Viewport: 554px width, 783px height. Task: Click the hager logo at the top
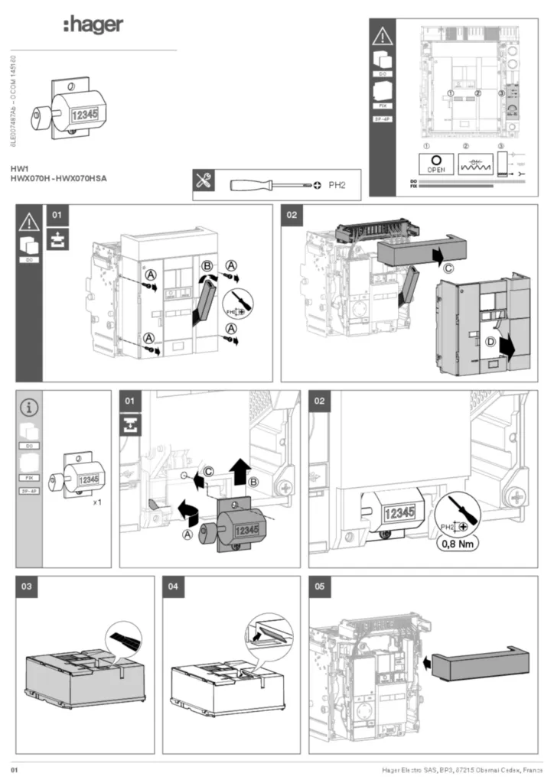pyautogui.click(x=93, y=25)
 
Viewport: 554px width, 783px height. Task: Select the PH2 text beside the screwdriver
pyautogui.click(x=338, y=184)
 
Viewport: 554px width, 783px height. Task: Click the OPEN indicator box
pyautogui.click(x=436, y=164)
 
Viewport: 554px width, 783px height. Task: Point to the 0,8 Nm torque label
pyautogui.click(x=458, y=545)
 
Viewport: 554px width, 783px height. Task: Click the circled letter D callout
pyautogui.click(x=490, y=341)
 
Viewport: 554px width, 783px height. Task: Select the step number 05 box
pyautogui.click(x=319, y=586)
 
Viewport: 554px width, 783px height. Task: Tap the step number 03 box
pyautogui.click(x=27, y=586)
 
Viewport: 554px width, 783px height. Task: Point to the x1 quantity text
pyautogui.click(x=97, y=503)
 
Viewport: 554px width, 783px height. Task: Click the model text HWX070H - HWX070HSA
pyautogui.click(x=58, y=178)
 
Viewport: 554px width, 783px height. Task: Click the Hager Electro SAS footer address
pyautogui.click(x=462, y=768)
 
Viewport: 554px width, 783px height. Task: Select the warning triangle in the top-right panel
pyautogui.click(x=382, y=35)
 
